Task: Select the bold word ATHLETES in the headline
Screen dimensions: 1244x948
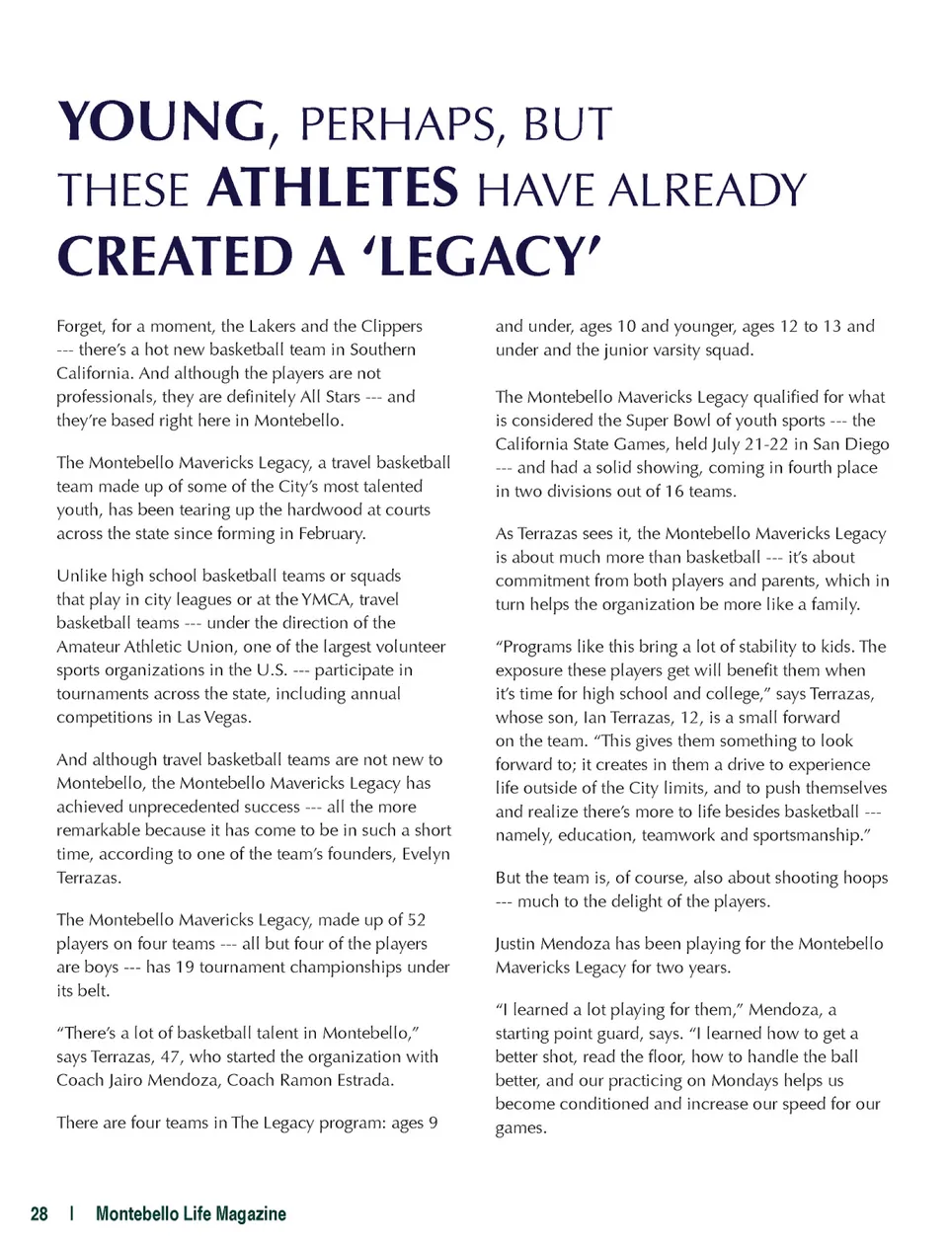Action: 333,189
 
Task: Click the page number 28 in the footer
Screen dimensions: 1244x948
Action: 39,1213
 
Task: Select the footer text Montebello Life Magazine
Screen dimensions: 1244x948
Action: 191,1213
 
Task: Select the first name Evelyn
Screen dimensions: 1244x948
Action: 426,854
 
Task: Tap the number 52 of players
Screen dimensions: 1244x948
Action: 417,920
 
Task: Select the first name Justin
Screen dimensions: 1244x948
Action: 517,944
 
